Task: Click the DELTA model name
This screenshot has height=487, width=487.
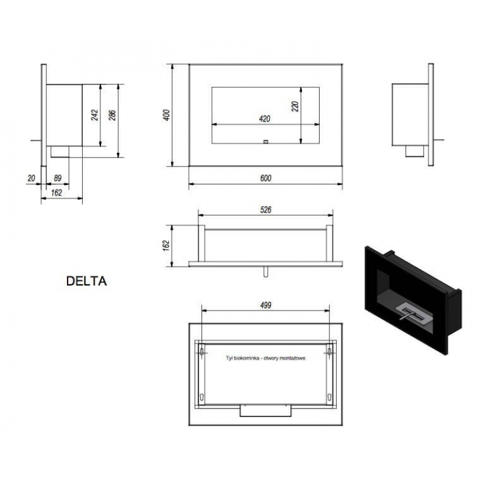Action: pos(86,281)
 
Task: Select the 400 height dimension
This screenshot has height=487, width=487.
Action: pos(167,115)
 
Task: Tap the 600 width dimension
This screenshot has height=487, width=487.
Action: pos(265,178)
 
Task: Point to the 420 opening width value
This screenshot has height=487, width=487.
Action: pos(265,119)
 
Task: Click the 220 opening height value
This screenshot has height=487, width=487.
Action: pos(295,106)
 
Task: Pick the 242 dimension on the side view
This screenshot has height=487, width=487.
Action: pos(95,114)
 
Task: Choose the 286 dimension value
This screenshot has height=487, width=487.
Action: pos(113,115)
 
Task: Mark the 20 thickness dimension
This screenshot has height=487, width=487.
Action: pos(32,178)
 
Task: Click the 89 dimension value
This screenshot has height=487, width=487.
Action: pos(58,178)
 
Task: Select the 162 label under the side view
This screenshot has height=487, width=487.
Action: pos(57,193)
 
